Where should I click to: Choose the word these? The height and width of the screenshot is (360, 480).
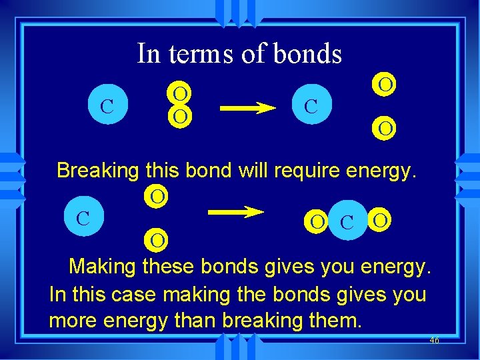click(x=169, y=267)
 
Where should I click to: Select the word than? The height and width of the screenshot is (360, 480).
click(x=195, y=321)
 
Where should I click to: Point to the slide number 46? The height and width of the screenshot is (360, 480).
click(x=434, y=340)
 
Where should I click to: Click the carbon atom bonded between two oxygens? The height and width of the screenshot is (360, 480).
click(x=347, y=220)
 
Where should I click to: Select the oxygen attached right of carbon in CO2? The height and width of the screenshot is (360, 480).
click(x=379, y=219)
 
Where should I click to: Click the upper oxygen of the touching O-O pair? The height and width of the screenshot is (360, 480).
click(x=179, y=91)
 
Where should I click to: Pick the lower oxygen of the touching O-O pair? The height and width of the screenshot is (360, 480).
click(x=179, y=116)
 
